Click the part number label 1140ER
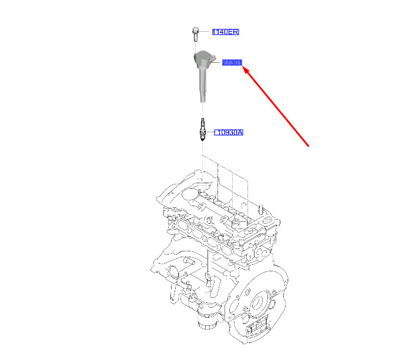pyautogui.click(x=226, y=32)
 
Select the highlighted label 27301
pyautogui.click(x=232, y=62)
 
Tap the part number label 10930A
pyautogui.click(x=229, y=132)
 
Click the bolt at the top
pyautogui.click(x=196, y=34)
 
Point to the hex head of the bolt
pyautogui.click(x=196, y=30)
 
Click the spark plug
pyautogui.click(x=203, y=129)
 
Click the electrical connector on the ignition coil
pyautogui.click(x=211, y=59)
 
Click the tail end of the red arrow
pyautogui.click(x=309, y=146)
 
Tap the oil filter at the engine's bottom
pyautogui.click(x=206, y=321)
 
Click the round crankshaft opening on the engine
pyautogui.click(x=258, y=302)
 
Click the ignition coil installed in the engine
pyautogui.click(x=236, y=222)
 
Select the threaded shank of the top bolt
pyautogui.click(x=196, y=37)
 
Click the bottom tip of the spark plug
pyautogui.click(x=203, y=140)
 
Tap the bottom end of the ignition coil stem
pyautogui.click(x=203, y=102)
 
